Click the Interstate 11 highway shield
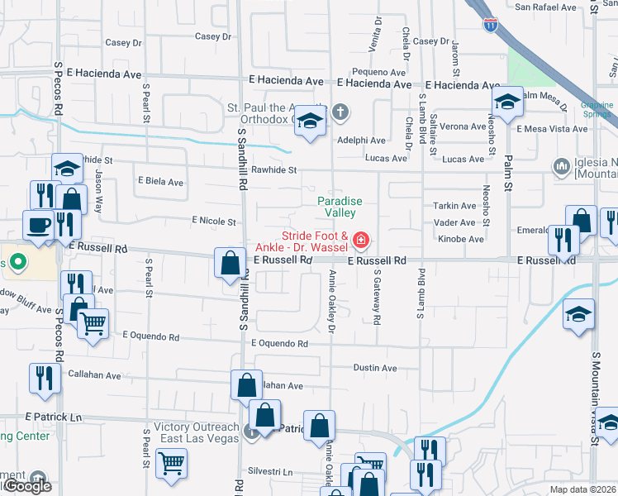(x=491, y=25)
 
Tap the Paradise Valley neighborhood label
(x=340, y=207)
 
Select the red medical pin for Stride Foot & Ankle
(x=360, y=241)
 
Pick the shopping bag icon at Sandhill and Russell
(x=230, y=264)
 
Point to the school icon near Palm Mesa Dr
(x=507, y=103)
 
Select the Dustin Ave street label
(x=375, y=368)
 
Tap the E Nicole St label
(x=214, y=222)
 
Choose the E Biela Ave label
(x=160, y=182)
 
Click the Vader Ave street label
(x=454, y=222)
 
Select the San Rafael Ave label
(x=545, y=7)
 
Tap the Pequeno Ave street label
(x=376, y=72)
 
